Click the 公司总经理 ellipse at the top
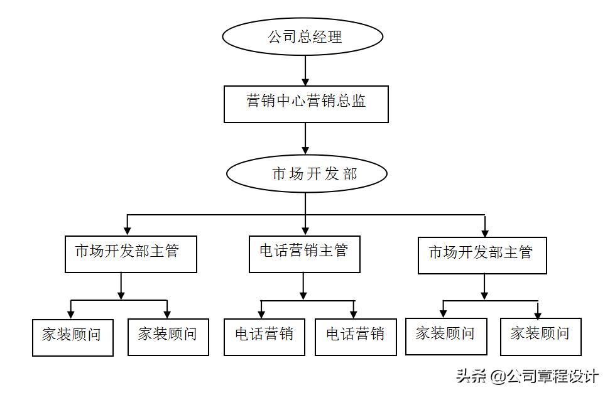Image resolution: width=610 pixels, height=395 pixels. pyautogui.click(x=303, y=36)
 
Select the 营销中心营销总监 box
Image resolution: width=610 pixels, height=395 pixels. pyautogui.click(x=306, y=104)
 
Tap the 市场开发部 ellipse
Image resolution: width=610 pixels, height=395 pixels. pyautogui.click(x=306, y=174)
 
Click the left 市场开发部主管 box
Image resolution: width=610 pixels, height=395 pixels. pyautogui.click(x=131, y=253)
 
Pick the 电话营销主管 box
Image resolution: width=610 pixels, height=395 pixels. pyautogui.click(x=304, y=253)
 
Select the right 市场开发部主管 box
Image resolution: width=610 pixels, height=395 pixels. pyautogui.click(x=482, y=254)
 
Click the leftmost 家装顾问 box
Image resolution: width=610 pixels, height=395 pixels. pyautogui.click(x=72, y=337)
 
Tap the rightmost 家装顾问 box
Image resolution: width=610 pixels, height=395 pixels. pyautogui.click(x=540, y=336)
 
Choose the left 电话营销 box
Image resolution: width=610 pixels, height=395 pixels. pyautogui.click(x=264, y=337)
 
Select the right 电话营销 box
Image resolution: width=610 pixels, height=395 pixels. pyautogui.click(x=356, y=337)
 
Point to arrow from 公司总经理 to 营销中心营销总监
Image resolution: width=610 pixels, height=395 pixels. pyautogui.click(x=305, y=70)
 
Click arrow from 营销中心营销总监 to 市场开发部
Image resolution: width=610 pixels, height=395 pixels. pyautogui.click(x=305, y=138)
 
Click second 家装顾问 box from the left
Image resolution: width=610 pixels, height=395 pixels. pyautogui.click(x=168, y=337)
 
